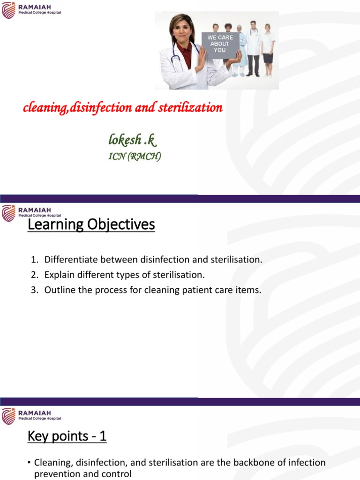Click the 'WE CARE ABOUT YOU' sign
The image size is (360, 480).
tap(220, 45)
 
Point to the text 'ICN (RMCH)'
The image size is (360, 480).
tap(135, 157)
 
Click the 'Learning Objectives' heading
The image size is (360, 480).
tap(91, 225)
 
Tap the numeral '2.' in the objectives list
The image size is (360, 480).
tap(34, 275)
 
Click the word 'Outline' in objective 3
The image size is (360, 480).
tap(59, 290)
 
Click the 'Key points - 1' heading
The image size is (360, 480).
tap(67, 436)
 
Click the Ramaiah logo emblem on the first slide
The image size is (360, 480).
tap(8, 9)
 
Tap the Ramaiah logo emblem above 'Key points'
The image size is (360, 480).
tap(8, 416)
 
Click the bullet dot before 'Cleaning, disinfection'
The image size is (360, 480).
tap(29, 463)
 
